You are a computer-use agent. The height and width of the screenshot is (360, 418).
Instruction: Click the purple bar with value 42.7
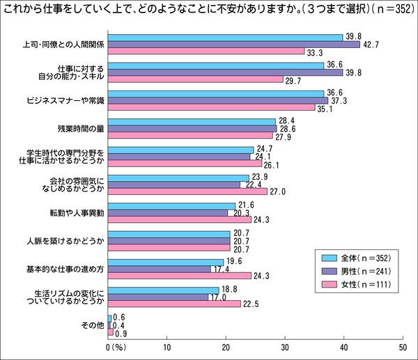click(x=234, y=45)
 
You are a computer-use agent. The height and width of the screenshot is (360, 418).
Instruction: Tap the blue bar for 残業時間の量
click(x=192, y=122)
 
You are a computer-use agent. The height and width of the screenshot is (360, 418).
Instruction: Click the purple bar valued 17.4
click(x=160, y=269)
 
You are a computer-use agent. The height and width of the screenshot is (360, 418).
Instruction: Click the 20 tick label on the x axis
click(x=226, y=346)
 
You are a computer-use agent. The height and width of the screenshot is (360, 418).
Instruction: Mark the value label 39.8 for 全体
click(x=353, y=37)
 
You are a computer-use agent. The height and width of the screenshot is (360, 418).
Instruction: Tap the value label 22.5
click(x=250, y=303)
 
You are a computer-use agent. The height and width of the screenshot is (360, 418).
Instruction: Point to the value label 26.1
click(x=271, y=164)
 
